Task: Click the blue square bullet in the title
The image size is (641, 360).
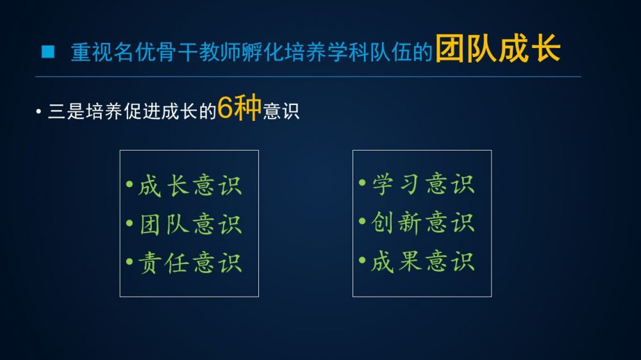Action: tap(48, 51)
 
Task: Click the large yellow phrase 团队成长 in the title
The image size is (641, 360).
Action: tap(497, 49)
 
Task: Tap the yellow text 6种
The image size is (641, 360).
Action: tap(239, 108)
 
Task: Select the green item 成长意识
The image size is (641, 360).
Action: tap(190, 186)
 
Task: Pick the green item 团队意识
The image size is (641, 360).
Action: tap(190, 224)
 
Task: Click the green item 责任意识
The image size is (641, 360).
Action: tap(190, 263)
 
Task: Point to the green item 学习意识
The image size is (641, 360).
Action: tap(422, 184)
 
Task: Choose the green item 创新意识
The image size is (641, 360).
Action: tap(422, 223)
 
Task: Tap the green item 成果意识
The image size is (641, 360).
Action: tap(422, 261)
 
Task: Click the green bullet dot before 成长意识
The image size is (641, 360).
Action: tap(129, 184)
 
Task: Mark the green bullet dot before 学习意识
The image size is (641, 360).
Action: tap(362, 183)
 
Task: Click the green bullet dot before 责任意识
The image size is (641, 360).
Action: tap(129, 261)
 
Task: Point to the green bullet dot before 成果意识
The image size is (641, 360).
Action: tap(362, 260)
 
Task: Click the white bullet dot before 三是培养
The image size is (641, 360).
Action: tap(38, 111)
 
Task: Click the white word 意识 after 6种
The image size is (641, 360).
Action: tap(281, 111)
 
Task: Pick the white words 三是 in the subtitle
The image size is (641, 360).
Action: tap(66, 111)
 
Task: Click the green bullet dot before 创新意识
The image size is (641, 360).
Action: tap(362, 222)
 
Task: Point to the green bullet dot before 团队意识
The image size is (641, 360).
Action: tap(129, 223)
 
